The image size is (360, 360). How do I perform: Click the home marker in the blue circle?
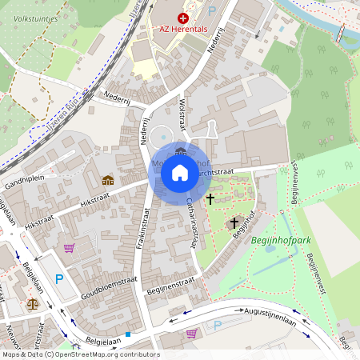tap(179, 173)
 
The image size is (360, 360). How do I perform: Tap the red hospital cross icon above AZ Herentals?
tap(183, 17)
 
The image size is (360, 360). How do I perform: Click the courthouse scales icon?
tap(32, 303)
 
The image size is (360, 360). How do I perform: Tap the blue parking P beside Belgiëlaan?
tap(58, 278)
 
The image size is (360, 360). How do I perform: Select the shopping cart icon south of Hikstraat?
tap(69, 248)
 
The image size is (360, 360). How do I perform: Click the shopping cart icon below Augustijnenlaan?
tap(191, 334)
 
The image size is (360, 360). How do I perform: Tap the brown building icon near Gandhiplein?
tap(107, 179)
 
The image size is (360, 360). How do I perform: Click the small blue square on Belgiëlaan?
tap(127, 334)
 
